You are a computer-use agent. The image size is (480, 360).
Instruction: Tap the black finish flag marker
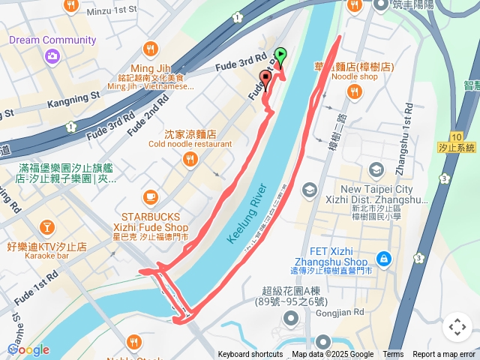point(265,79)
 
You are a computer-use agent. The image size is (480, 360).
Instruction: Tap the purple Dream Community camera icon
point(52,55)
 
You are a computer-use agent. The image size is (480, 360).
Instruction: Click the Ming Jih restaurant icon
point(150,49)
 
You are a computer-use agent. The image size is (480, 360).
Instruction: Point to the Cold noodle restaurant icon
point(190,159)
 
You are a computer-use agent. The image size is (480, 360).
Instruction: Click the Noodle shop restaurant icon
point(353,91)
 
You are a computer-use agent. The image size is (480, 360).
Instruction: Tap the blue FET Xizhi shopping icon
point(383,258)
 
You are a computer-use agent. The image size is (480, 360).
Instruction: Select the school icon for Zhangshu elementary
point(308,190)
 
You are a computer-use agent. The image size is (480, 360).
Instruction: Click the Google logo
point(28,349)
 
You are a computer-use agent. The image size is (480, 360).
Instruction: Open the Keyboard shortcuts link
point(250,355)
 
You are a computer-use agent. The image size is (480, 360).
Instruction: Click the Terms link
point(393,355)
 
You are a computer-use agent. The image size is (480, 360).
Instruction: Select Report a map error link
point(444,355)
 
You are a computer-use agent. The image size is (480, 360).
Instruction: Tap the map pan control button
point(457,327)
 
